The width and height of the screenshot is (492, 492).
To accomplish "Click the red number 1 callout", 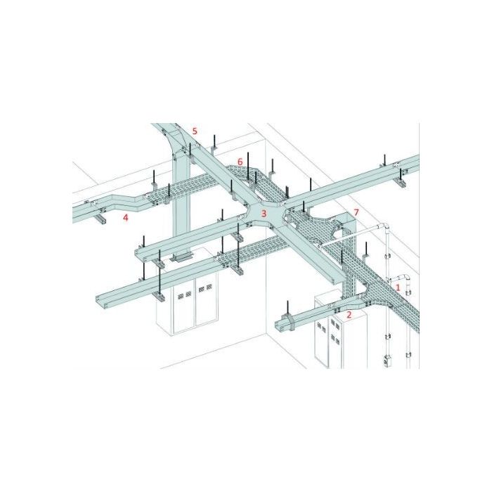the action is [398, 287].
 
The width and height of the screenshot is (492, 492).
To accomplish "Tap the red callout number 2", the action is [349, 315].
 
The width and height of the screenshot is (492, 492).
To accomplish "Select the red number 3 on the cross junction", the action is [264, 214].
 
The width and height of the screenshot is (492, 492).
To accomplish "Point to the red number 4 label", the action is [126, 217].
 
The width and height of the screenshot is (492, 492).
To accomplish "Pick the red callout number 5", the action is [195, 131].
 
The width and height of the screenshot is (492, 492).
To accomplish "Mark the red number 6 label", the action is [240, 162].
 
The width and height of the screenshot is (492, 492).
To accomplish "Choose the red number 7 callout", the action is [356, 212].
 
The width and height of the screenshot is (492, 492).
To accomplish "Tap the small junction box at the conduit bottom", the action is [386, 361].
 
